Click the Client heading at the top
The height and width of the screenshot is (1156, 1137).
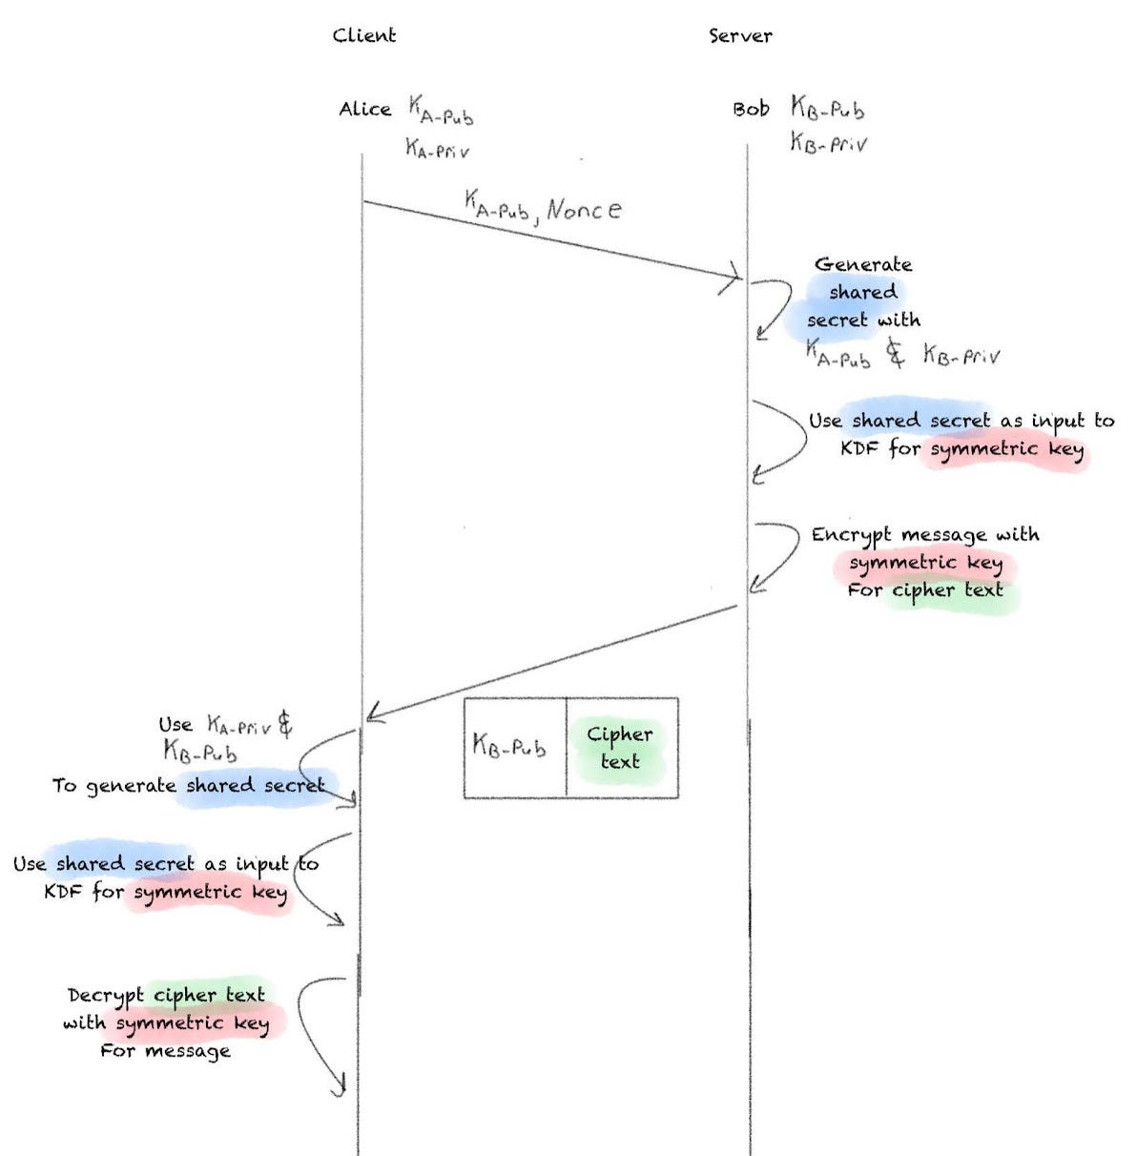coord(363,36)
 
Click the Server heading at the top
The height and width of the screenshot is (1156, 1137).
coord(739,36)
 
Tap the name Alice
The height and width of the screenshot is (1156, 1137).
coord(364,110)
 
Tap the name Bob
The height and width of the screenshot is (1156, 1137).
coord(751,110)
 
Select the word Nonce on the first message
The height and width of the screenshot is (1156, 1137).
coord(584,209)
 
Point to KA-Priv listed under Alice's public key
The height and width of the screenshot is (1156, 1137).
coord(437,149)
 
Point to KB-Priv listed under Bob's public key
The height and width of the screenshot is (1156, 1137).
coord(828,143)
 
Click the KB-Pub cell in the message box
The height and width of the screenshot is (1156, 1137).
coord(509,747)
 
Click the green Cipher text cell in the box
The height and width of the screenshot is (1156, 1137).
coord(620,747)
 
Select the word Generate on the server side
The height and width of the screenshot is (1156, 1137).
coord(862,264)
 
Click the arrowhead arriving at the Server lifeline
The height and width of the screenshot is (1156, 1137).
coord(733,277)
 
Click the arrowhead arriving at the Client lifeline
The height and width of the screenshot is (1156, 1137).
coord(374,714)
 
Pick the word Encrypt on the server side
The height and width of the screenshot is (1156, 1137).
coord(851,535)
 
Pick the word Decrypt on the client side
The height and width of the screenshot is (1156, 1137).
coord(106,996)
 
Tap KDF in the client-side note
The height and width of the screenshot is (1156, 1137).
coord(64,892)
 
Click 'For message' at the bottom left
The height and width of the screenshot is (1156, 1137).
coord(165,1051)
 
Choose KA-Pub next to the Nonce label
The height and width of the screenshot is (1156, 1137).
coord(498,205)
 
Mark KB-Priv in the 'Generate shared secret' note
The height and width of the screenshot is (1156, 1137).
coord(961,356)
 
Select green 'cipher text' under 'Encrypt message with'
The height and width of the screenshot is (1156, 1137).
coord(947,590)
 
